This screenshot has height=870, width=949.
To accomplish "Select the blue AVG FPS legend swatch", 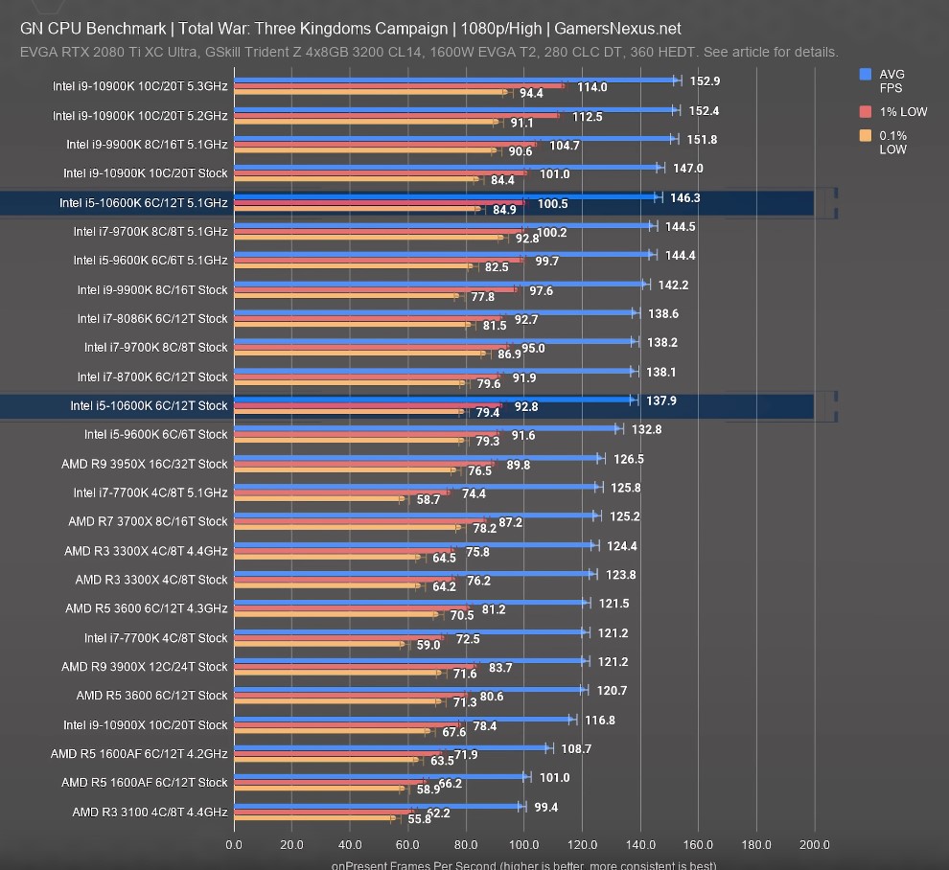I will pyautogui.click(x=866, y=74).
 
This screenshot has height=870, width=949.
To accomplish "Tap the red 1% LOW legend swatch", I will pyautogui.click(x=866, y=111).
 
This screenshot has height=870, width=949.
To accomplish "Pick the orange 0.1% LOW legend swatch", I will pyautogui.click(x=866, y=135).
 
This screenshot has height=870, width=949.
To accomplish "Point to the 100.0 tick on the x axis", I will pyautogui.click(x=523, y=844).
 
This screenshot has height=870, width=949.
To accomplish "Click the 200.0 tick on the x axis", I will pyautogui.click(x=814, y=844).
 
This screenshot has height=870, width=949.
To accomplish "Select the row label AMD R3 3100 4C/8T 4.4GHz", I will pyautogui.click(x=150, y=812).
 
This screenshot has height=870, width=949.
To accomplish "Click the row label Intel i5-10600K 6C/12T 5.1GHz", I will pyautogui.click(x=143, y=203).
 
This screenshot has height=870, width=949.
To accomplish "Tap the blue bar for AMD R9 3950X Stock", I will pyautogui.click(x=418, y=458).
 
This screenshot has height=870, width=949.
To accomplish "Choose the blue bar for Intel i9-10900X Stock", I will pyautogui.click(x=404, y=719).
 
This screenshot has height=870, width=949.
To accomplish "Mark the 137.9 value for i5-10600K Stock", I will pyautogui.click(x=660, y=401).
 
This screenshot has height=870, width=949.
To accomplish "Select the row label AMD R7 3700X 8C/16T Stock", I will pyautogui.click(x=148, y=521).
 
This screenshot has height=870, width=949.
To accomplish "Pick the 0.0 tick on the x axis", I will pyautogui.click(x=234, y=844).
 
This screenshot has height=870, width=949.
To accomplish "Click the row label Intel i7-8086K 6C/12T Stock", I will pyautogui.click(x=152, y=318).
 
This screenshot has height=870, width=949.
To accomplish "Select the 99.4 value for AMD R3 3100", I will pyautogui.click(x=546, y=807).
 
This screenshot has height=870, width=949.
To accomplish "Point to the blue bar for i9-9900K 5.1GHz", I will pyautogui.click(x=455, y=139).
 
